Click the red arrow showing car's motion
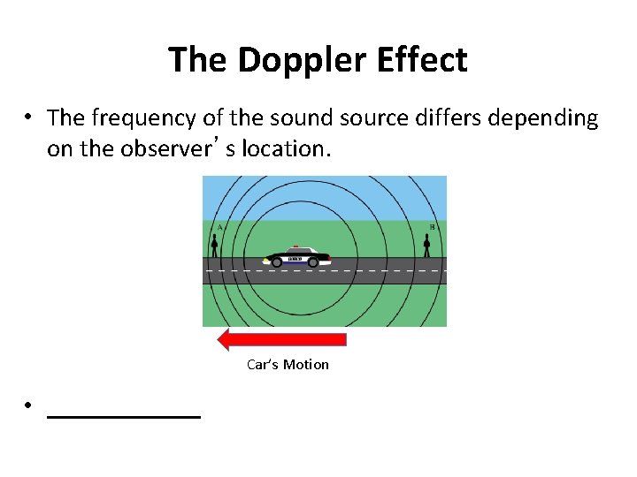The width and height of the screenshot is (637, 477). click(x=281, y=339)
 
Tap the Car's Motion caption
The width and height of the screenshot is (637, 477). click(x=288, y=365)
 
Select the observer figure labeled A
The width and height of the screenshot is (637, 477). click(x=214, y=245)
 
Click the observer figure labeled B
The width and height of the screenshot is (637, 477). click(x=426, y=244)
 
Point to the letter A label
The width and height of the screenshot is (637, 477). click(x=219, y=227)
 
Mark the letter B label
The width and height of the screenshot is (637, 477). click(x=432, y=227)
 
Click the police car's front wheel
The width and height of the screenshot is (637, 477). click(x=277, y=261)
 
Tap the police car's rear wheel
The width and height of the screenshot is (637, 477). click(x=313, y=261)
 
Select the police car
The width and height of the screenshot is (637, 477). click(x=296, y=256)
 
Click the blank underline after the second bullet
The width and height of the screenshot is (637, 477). click(x=123, y=414)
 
